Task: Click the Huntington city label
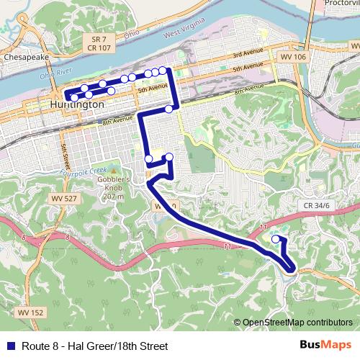click(78, 104)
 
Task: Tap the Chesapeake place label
click(24, 55)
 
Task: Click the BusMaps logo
click(325, 345)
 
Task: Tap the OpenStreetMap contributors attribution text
click(297, 323)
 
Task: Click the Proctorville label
click(341, 3)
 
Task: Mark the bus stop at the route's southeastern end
click(276, 238)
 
